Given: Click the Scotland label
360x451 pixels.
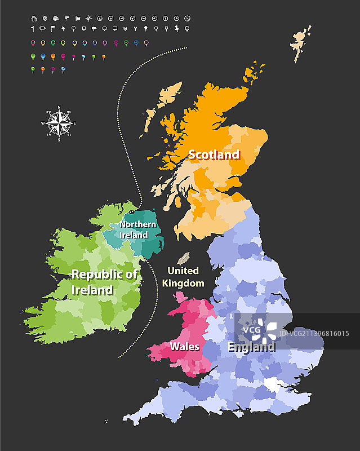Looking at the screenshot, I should point(214,154).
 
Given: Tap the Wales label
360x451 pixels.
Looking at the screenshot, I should point(185,346).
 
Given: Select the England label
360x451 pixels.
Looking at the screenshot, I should point(251,347).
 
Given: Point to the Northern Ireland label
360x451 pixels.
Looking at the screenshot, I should point(138,229).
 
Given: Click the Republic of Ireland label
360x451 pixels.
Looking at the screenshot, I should point(104,282).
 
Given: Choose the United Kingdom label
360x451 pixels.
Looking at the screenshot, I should point(183,277).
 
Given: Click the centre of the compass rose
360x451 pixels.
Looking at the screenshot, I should point(59,123).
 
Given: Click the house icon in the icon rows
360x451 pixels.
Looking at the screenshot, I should point(34,18).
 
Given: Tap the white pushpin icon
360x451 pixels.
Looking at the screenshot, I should point(176,28).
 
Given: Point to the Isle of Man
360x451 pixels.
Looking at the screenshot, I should point(182,259).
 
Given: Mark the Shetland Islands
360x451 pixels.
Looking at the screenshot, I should point(302,42).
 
